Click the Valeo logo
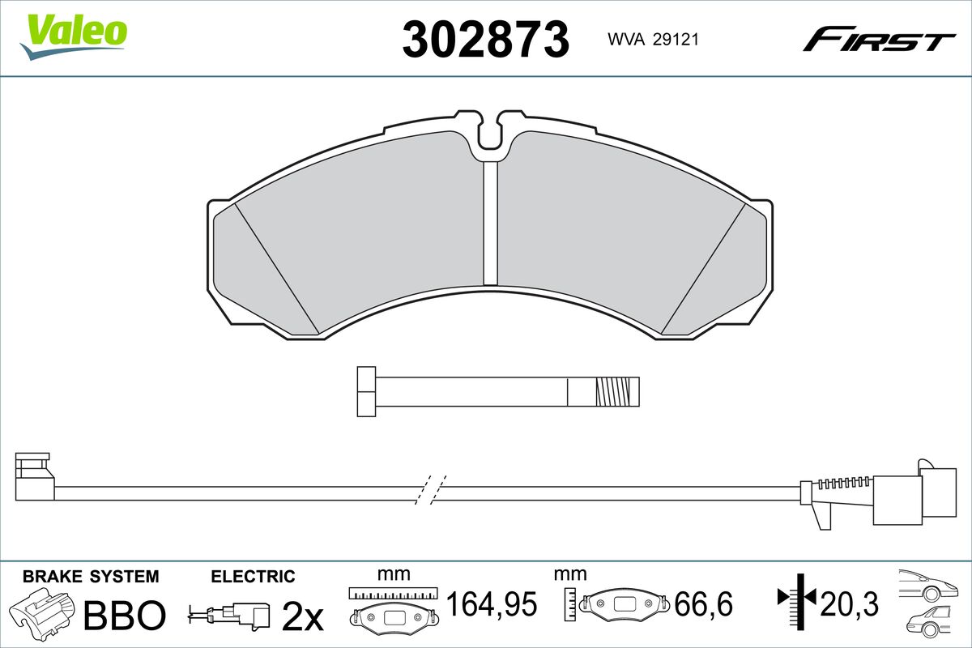click(x=74, y=36)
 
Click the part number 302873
click(x=485, y=39)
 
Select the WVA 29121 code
click(x=653, y=40)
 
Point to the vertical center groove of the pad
click(x=490, y=224)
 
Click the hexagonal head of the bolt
click(x=366, y=391)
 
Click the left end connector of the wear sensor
click(x=35, y=476)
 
